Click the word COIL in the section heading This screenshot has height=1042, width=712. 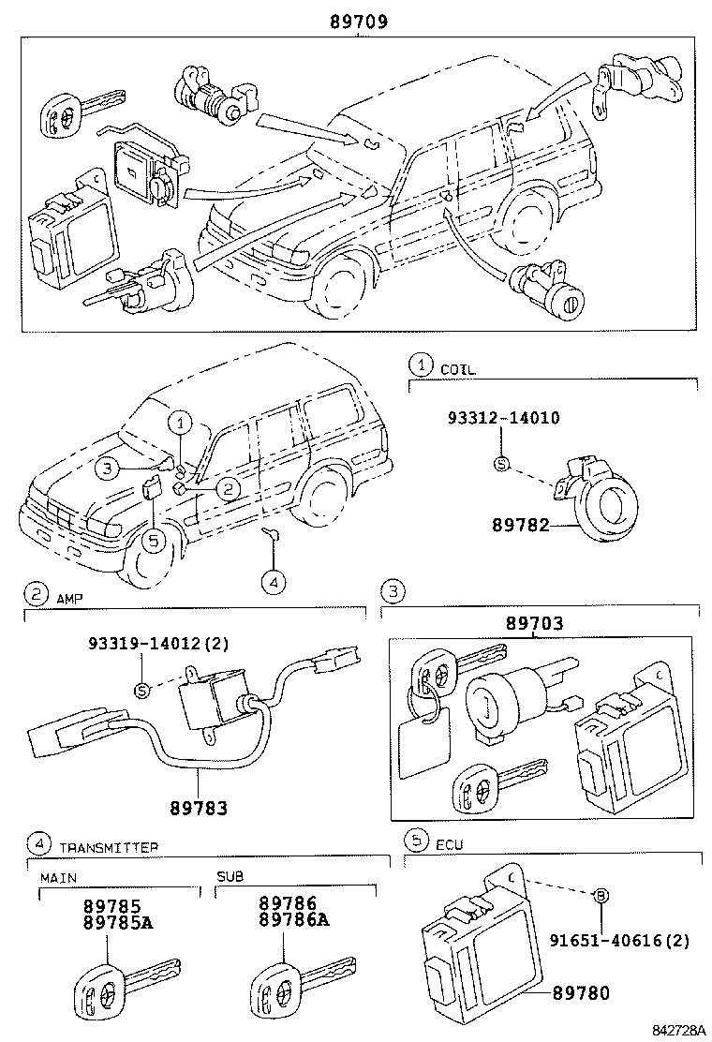[x=458, y=369]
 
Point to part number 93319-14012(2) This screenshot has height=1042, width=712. [x=158, y=644]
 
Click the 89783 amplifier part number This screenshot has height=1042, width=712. [x=200, y=805]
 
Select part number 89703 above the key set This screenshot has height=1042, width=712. [x=535, y=623]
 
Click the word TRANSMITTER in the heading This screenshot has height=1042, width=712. [x=109, y=847]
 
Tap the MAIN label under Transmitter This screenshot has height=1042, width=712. [x=58, y=878]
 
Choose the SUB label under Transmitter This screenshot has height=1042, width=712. [x=230, y=878]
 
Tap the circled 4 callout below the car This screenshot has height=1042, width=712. [x=272, y=582]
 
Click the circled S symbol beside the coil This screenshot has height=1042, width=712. [x=500, y=464]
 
